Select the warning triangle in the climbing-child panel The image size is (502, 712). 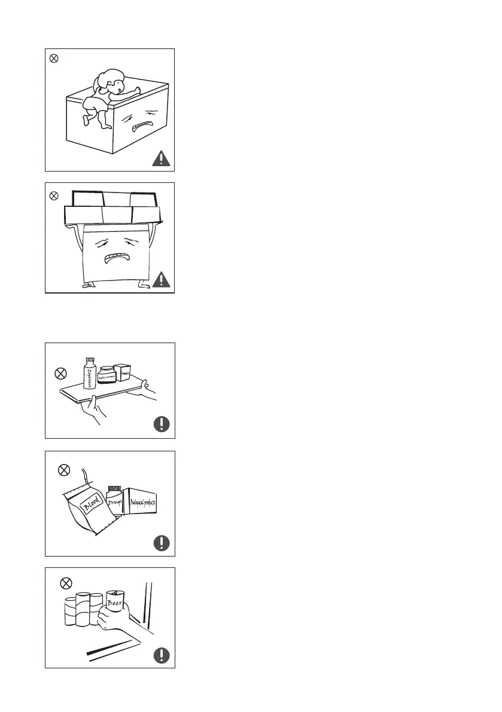coord(161,158)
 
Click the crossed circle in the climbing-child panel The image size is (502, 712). coord(53,59)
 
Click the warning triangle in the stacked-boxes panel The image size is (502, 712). coord(161,280)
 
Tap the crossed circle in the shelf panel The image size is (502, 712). coord(60,373)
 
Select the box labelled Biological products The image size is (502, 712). coord(142,502)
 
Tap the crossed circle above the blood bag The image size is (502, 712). coord(63,470)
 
